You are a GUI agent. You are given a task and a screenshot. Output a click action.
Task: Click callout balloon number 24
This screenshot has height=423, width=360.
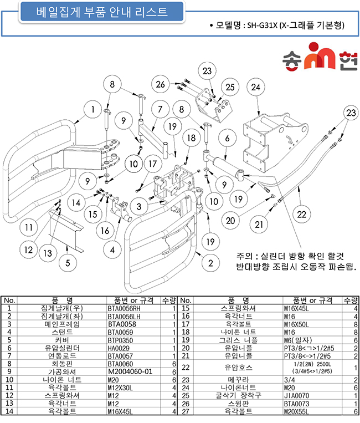pyautogui.click(x=255, y=87)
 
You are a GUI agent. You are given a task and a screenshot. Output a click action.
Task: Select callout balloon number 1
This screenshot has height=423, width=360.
pyautogui.click(x=92, y=110)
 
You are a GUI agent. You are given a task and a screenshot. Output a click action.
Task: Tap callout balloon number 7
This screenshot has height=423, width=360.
pyautogui.click(x=160, y=109)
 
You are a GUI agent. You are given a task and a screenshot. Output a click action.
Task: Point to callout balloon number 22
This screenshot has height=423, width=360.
pyautogui.click(x=301, y=215)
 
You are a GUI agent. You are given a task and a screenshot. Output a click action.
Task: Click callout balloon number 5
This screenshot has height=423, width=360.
pyautogui.click(x=68, y=263)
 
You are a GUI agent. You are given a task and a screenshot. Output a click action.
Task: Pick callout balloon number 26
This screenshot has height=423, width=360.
pyautogui.click(x=160, y=84)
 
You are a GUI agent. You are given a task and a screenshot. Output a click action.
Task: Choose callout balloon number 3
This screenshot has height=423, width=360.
pyautogui.click(x=139, y=207)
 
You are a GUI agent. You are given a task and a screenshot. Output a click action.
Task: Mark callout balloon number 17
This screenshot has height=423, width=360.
pyautogui.click(x=152, y=164)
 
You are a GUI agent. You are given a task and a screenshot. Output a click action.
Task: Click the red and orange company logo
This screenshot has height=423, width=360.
pyautogui.click(x=320, y=56)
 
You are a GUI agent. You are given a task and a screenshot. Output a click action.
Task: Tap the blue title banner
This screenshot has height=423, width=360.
pyautogui.click(x=102, y=12)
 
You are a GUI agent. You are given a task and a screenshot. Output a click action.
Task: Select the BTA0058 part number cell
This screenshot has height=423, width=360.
pyautogui.click(x=122, y=324)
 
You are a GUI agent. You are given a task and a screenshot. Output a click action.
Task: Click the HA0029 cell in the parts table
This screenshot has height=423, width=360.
pyautogui.click(x=119, y=348)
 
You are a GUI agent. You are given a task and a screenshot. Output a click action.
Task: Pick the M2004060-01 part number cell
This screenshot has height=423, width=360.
pyautogui.click(x=130, y=372)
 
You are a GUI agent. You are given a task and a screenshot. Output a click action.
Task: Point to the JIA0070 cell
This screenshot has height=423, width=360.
pyautogui.click(x=297, y=396)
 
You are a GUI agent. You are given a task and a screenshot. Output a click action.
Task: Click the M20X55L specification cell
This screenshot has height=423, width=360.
pyautogui.click(x=296, y=412)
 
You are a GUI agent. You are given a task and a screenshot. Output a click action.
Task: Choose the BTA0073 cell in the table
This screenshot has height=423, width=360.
pyautogui.click(x=297, y=404)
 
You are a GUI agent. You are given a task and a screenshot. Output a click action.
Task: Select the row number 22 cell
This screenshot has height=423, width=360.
pyautogui.click(x=186, y=368)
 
